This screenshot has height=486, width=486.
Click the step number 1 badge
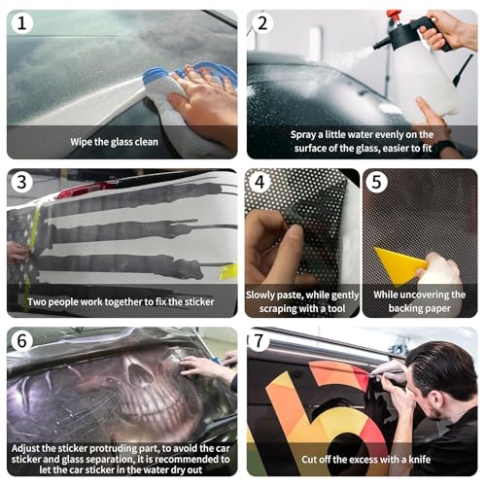click(21, 23)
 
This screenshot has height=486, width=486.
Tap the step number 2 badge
click(262, 23)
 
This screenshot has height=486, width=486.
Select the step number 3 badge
click(21, 182)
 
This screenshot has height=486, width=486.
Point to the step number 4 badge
click(260, 182)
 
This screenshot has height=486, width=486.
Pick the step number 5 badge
click(376, 182)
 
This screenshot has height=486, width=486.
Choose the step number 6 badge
click(21, 340)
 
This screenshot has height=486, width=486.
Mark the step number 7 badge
click(259, 340)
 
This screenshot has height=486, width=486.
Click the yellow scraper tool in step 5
click(399, 264)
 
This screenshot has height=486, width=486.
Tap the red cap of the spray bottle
click(394, 17)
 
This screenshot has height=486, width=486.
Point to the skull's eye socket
click(140, 376)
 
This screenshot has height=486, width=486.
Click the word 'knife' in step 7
click(419, 459)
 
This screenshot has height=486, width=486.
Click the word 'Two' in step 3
click(36, 302)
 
